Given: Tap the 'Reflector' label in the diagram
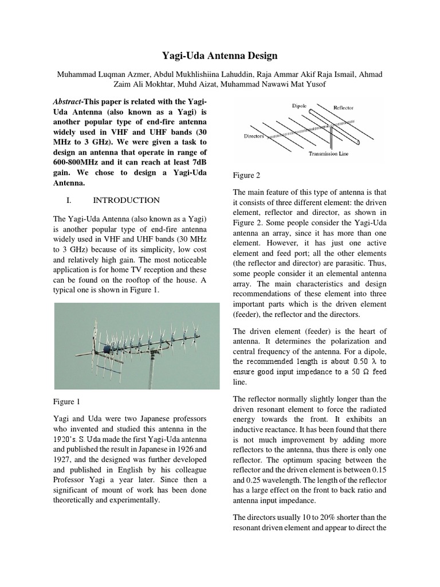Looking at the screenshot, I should (x=344, y=107).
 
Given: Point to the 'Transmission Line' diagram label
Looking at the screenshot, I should (x=328, y=154).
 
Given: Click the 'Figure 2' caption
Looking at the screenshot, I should (x=246, y=175).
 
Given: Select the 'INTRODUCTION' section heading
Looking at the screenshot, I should (x=126, y=200).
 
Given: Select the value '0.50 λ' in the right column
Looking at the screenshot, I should (x=370, y=361).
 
